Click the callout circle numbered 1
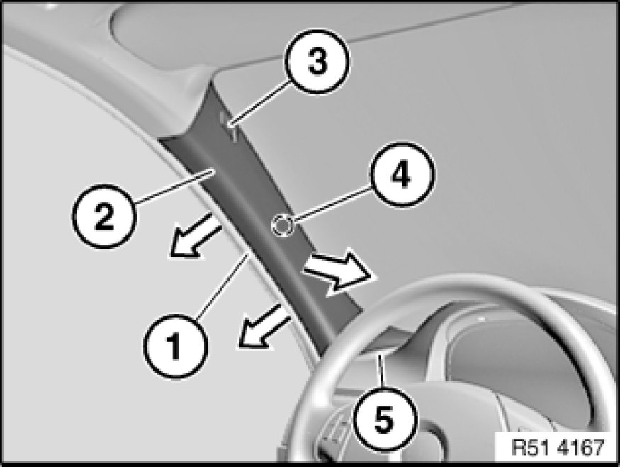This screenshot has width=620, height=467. point(175,346)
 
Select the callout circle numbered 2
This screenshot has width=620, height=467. point(104,216)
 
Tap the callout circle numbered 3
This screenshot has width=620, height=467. point(318,61)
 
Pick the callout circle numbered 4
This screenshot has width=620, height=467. point(402,174)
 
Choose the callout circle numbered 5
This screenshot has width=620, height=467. point(384,420)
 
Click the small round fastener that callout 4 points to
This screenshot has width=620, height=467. point(281,227)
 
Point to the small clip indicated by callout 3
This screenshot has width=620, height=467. point(229,127)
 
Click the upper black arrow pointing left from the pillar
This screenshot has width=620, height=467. point(196,237)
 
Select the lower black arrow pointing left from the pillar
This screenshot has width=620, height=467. point(264,327)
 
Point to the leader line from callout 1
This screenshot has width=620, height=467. point(223,285)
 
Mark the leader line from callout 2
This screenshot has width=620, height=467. point(174,186)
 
